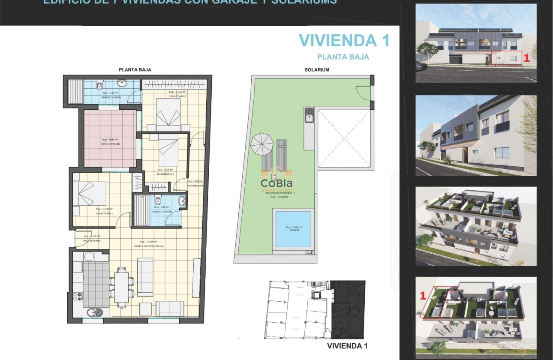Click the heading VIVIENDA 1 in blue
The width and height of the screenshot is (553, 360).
344,40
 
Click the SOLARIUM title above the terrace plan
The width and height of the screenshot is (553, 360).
317,69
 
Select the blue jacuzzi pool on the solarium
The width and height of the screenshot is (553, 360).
293,229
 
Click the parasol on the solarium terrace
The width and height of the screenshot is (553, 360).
261,144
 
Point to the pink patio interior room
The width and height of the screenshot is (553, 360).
110,138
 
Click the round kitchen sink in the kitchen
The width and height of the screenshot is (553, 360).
94,312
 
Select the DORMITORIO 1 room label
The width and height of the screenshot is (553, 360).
104,213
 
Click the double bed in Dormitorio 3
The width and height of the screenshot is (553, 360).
168,114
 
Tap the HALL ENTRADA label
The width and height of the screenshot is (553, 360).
92,240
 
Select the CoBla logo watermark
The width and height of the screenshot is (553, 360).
276,183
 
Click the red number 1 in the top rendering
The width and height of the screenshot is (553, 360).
527,58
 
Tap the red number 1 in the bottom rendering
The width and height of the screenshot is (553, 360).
422,295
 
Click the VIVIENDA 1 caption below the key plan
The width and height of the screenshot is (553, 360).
347,346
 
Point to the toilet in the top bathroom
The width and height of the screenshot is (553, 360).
100,86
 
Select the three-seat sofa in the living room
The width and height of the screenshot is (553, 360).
145,277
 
